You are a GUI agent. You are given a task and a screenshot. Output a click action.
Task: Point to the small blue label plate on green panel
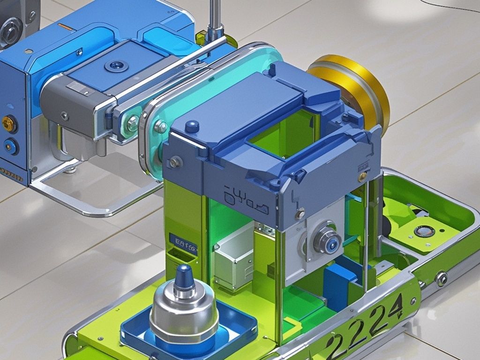[183, 243]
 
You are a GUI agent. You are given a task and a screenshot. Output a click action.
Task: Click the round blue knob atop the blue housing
[192, 126]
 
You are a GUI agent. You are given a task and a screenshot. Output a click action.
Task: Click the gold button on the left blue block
[8, 124]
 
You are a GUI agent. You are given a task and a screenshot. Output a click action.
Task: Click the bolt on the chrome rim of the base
[441, 278]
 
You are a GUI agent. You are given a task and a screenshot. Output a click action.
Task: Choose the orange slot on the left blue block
[66, 28]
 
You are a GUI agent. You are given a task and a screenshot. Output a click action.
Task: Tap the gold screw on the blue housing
[362, 177]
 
